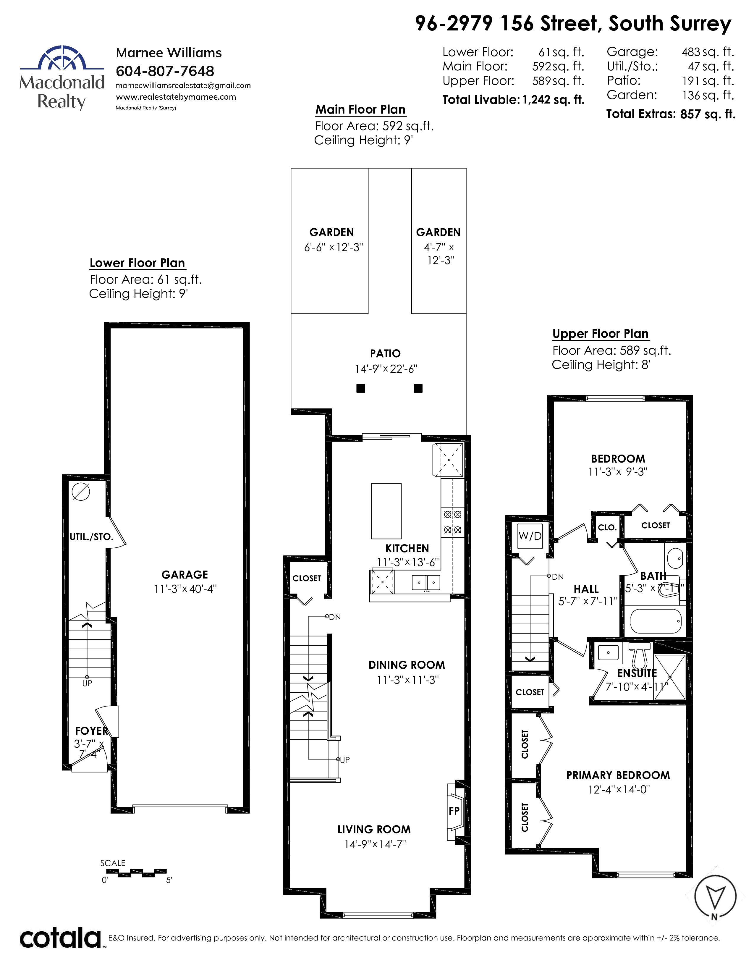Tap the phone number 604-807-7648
[165, 71]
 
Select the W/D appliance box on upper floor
[530, 536]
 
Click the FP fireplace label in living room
[454, 811]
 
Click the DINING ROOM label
[407, 665]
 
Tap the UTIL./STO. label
[92, 537]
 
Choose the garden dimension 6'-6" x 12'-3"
[334, 247]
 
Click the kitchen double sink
[426, 582]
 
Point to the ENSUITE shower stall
[669, 677]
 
